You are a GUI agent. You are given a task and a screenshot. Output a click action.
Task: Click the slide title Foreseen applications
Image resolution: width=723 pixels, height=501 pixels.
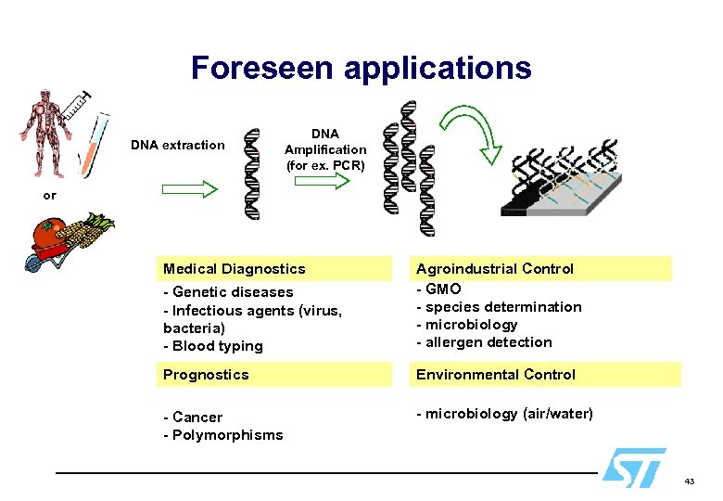361,68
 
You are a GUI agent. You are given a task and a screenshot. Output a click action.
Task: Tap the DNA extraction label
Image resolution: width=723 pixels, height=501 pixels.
177,145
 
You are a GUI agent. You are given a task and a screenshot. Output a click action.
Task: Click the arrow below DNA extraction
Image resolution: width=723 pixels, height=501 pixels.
189,188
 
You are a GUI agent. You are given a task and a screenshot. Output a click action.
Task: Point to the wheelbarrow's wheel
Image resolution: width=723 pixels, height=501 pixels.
34,266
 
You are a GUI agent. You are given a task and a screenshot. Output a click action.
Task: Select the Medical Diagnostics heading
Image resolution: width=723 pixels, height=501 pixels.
235,269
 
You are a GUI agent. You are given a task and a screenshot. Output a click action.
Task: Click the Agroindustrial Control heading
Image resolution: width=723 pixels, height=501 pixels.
495,269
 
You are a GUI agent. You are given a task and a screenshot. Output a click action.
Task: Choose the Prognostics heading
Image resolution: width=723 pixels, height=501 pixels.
207,375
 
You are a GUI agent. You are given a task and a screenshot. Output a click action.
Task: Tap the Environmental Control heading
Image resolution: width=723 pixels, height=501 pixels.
496,375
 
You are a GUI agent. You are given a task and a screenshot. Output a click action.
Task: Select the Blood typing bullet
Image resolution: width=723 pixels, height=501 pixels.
213,346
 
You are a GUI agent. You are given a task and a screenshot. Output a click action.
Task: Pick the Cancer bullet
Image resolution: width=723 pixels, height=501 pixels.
194,417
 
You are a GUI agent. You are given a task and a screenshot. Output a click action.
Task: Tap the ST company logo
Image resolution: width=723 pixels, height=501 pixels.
633,467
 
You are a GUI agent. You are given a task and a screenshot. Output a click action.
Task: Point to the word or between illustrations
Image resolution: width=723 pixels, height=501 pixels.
49,196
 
